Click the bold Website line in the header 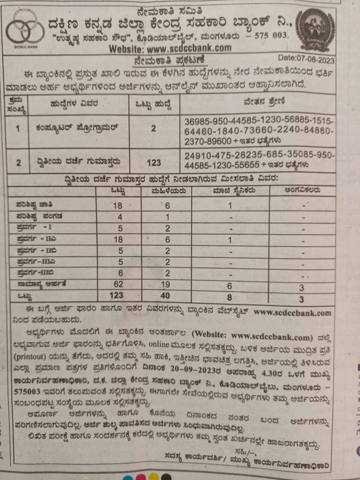[x=170, y=49]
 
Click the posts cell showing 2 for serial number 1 [x=154, y=129]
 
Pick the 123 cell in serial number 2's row [x=154, y=162]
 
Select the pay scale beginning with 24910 [x=258, y=160]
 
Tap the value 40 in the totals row [x=165, y=295]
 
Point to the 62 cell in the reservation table [x=118, y=284]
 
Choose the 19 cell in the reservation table [x=165, y=284]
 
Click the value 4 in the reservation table [x=120, y=217]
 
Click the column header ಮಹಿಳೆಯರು [x=166, y=191]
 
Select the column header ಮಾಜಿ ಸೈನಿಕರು [x=230, y=191]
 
